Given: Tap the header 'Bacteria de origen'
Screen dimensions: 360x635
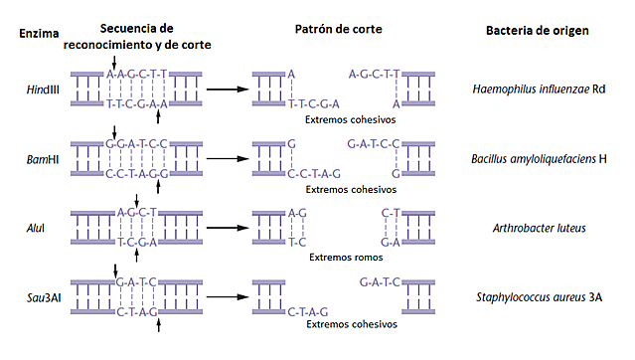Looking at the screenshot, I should pos(538,30).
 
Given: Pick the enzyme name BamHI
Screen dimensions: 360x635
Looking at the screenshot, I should pos(41,158).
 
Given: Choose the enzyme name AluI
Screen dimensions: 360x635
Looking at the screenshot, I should pos(39,228).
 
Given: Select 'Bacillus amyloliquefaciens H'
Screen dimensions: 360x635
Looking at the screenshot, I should pos(539,158).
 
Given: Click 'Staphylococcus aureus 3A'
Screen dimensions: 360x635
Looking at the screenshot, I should pos(539,297).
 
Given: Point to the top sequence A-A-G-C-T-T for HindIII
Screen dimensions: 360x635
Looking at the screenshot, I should pos(136,74).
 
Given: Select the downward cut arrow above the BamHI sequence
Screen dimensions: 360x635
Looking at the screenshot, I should pos(114,131).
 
